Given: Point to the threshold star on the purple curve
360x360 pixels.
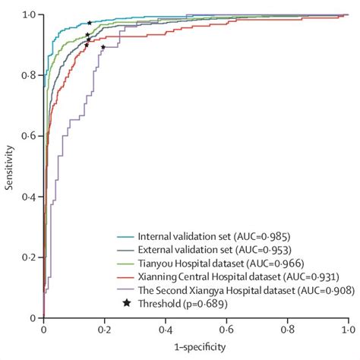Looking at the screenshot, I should [103, 47].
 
